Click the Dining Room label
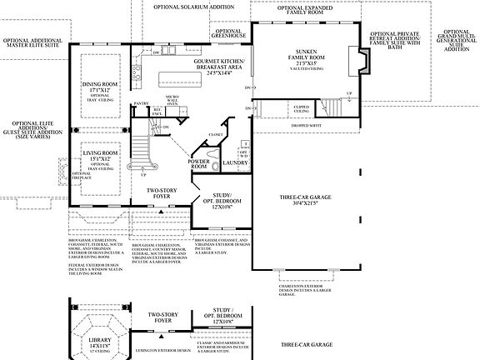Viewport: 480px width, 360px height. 100,87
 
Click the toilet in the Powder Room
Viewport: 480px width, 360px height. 212,165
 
